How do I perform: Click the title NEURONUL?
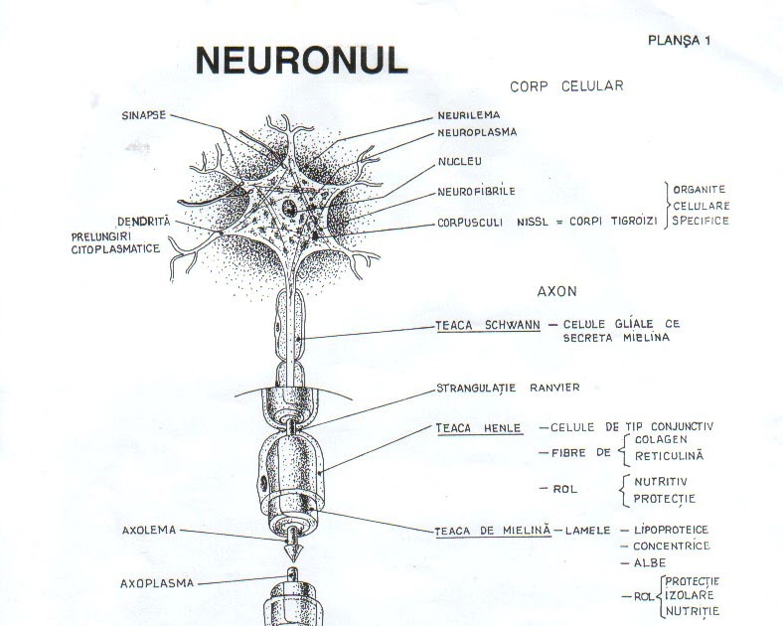(302, 61)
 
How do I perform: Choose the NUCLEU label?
(460, 160)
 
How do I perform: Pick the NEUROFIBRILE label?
(477, 191)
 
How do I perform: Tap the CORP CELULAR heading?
(566, 86)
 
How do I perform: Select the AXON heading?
(557, 292)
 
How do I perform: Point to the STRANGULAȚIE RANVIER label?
(508, 387)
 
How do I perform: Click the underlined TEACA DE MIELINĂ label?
(492, 531)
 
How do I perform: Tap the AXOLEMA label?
(148, 530)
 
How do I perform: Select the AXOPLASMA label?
(157, 582)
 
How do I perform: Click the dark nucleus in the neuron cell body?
(287, 210)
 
